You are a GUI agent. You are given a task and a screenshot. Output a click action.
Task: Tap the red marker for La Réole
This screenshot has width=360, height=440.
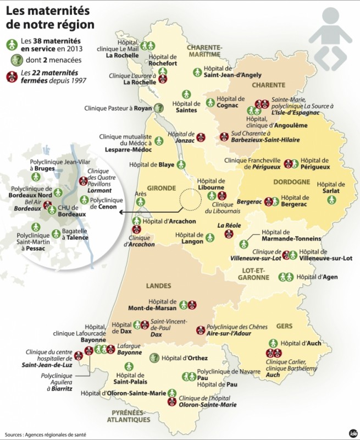coord(228,235)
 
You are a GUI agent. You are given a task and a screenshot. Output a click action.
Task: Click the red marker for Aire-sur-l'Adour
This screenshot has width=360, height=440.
coord(201,330)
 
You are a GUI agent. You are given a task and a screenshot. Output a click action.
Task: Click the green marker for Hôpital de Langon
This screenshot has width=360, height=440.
coord(210,239)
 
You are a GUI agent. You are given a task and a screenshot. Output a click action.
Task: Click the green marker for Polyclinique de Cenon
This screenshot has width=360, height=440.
coord(84,200)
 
